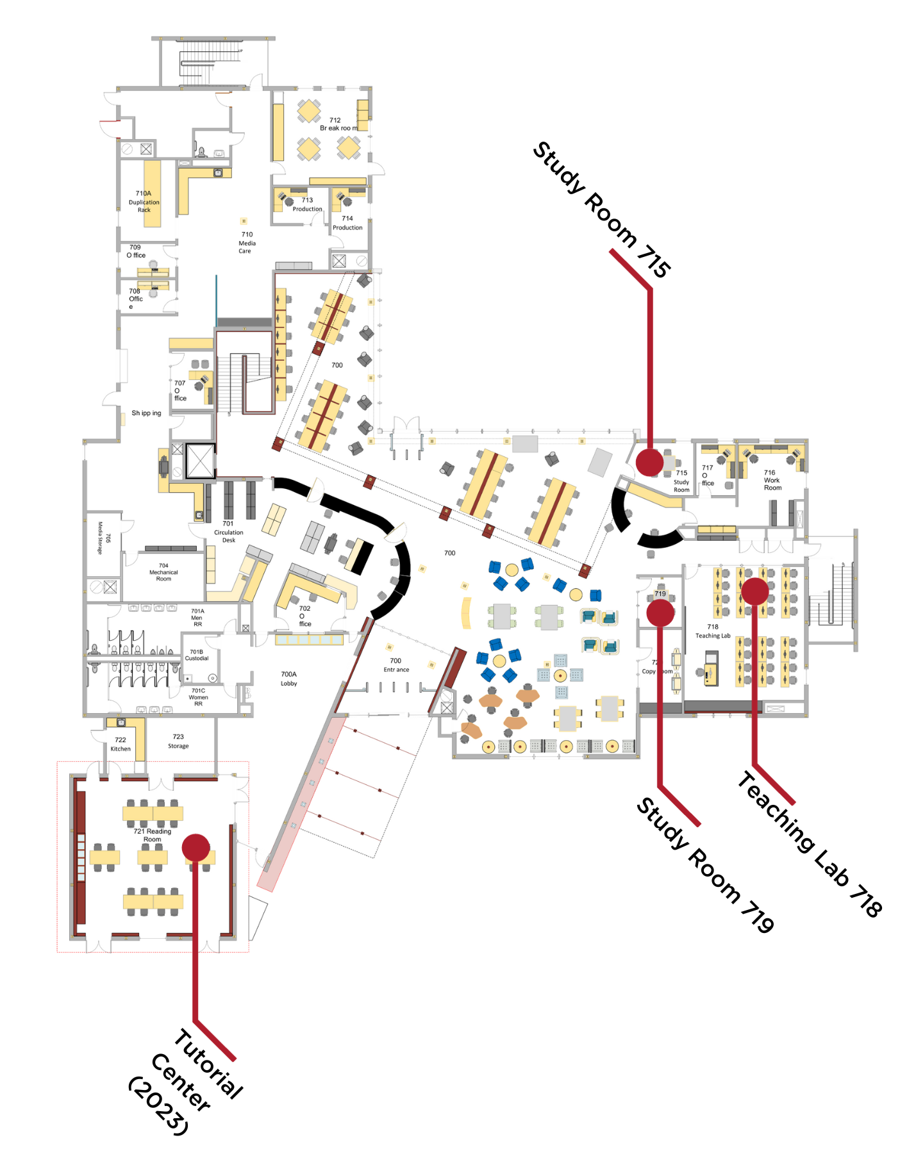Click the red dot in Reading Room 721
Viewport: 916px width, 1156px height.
point(196,847)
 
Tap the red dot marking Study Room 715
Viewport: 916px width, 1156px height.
point(649,462)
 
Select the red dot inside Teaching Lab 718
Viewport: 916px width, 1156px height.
point(754,591)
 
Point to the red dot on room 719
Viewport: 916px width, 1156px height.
point(660,613)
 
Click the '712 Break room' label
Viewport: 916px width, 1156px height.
point(338,124)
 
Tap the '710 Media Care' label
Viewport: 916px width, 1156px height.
point(247,243)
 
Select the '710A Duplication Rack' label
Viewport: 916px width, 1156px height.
point(144,201)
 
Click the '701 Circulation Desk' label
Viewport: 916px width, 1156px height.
point(228,532)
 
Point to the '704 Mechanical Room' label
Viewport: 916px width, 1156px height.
point(163,572)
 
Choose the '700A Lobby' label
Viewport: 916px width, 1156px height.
point(288,679)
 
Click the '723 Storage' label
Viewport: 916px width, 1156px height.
point(178,741)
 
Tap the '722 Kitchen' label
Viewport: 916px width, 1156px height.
point(121,744)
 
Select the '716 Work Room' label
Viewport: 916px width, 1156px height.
point(772,480)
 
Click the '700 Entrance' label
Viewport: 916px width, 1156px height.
point(396,665)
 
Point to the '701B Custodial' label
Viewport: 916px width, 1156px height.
point(197,655)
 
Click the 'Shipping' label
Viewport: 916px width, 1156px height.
point(146,413)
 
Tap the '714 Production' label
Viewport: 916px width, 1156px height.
point(347,223)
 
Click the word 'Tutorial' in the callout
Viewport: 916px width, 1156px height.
point(209,1064)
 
